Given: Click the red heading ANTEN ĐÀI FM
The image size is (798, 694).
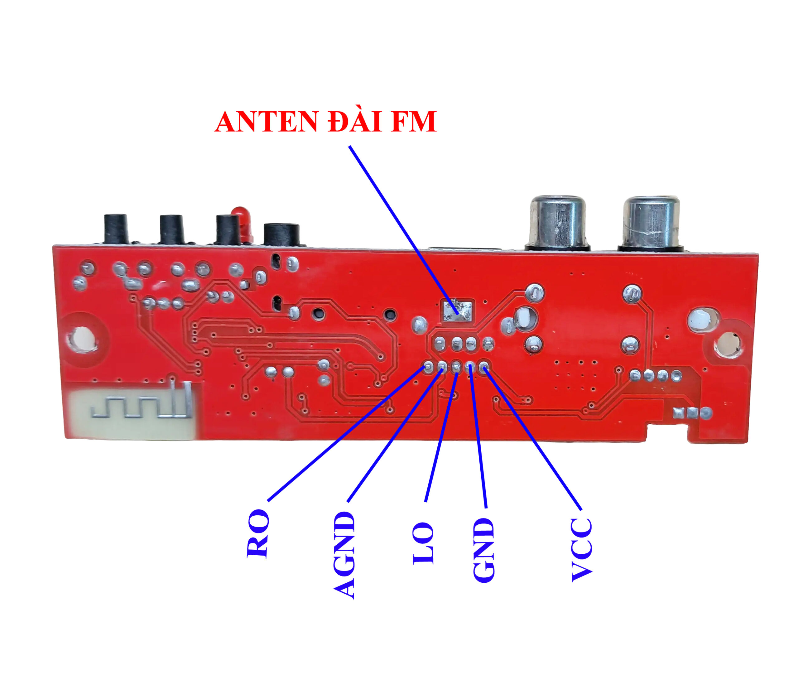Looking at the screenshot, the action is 326,122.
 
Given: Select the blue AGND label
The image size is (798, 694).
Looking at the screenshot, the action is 344,555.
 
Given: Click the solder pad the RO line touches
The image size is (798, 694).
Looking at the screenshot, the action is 428,366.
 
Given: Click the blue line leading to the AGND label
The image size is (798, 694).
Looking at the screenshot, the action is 395,435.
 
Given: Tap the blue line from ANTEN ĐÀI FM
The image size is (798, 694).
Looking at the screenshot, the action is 404,229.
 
